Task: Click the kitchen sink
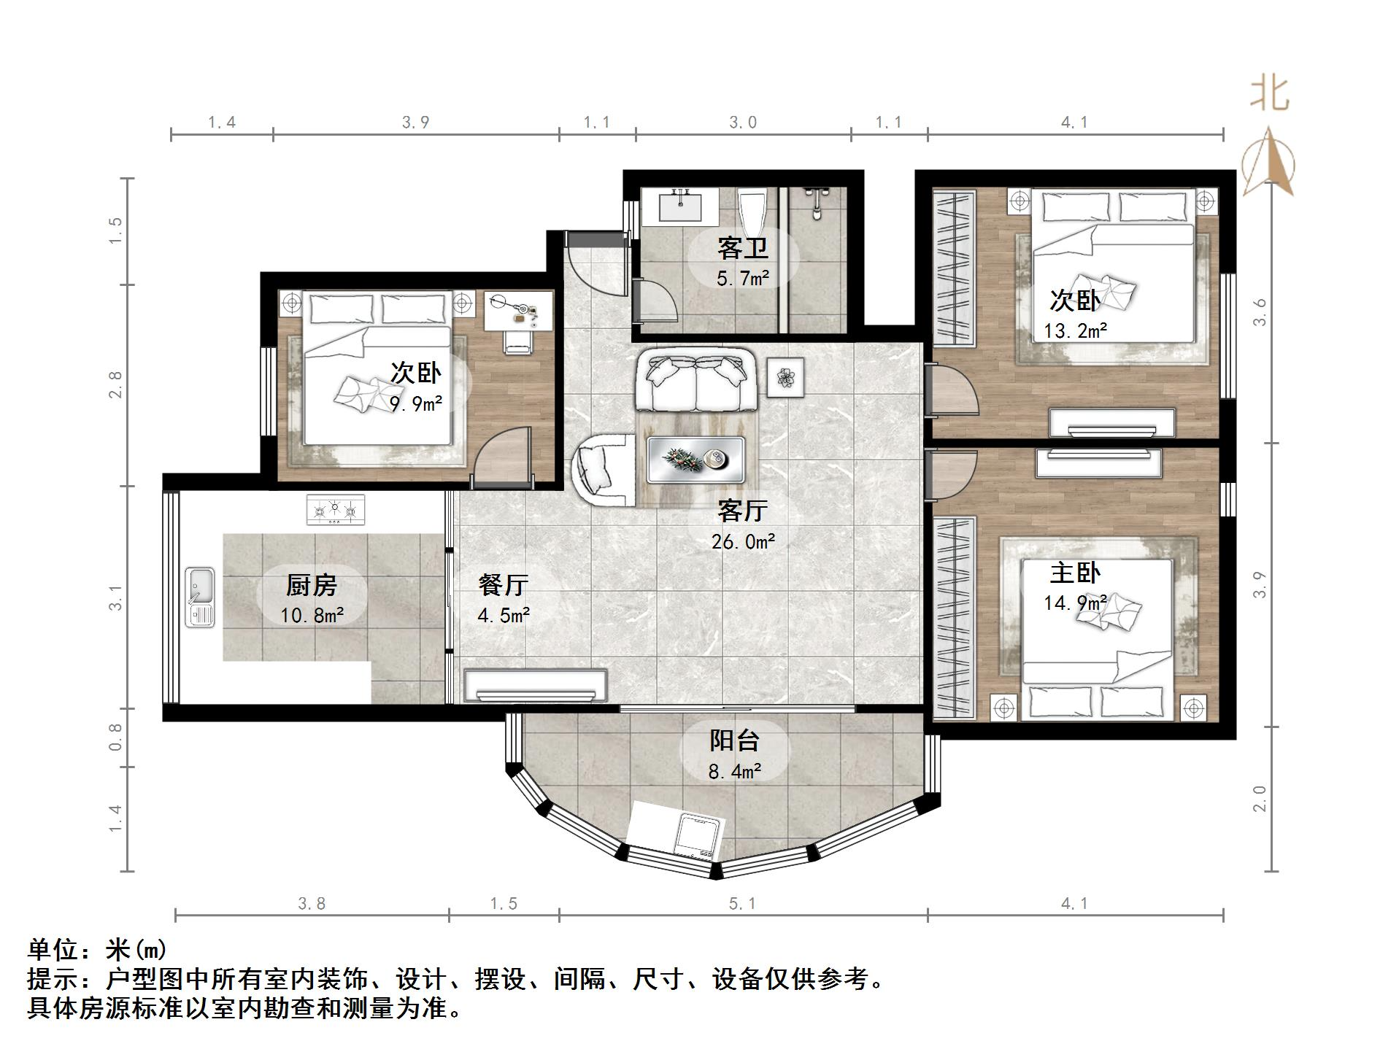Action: [200, 597]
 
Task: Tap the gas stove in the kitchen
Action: [336, 509]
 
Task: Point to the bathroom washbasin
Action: [680, 204]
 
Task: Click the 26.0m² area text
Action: [743, 541]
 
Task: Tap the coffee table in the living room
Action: [695, 460]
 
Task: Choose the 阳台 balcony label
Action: [735, 740]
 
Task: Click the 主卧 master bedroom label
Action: [1075, 573]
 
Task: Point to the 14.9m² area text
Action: [1075, 603]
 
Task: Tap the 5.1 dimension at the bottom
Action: [742, 904]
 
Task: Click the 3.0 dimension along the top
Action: [743, 123]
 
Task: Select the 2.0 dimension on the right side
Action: [1260, 799]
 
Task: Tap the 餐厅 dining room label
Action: [504, 584]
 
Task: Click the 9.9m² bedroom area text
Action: [416, 403]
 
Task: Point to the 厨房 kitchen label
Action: [312, 584]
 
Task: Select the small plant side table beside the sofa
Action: [785, 377]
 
